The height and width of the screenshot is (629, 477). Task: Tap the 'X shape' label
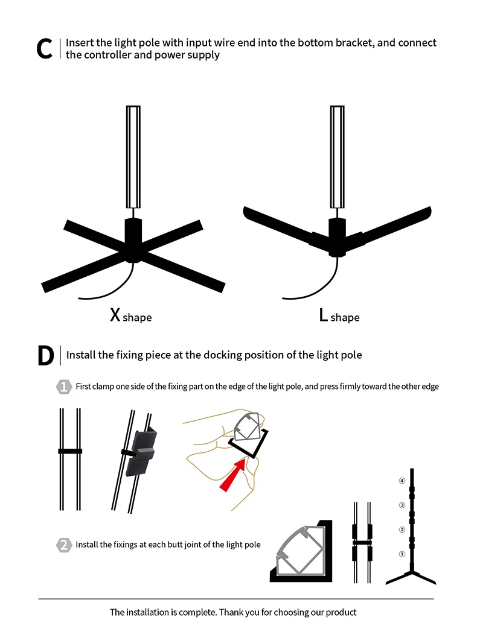click(130, 316)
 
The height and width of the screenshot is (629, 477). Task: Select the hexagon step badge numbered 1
click(63, 387)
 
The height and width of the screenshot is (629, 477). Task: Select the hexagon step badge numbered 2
click(63, 545)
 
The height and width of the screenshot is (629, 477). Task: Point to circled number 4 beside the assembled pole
click(402, 481)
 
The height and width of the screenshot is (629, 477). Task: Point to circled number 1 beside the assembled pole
click(402, 554)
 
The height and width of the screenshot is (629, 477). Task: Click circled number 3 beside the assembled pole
click(402, 505)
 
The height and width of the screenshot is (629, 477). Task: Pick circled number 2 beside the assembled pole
click(402, 529)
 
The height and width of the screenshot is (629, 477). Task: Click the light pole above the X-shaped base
click(133, 157)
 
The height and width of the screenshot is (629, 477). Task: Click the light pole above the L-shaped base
click(338, 157)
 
